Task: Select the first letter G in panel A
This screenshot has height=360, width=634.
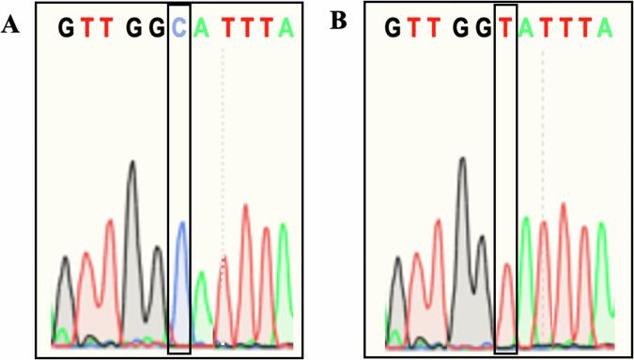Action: click(x=65, y=29)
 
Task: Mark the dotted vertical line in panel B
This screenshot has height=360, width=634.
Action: click(x=543, y=141)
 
